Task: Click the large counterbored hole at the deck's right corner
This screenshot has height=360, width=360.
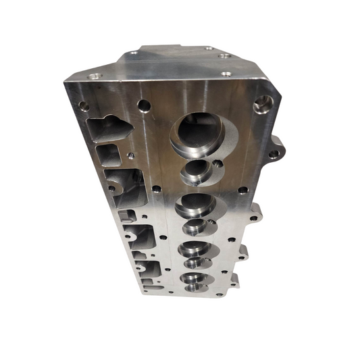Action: point(264,103)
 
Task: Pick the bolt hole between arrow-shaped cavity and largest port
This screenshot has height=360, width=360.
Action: point(143,105)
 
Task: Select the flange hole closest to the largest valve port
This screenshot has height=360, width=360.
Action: point(226,73)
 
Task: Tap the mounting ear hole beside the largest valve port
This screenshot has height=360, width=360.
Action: point(274,154)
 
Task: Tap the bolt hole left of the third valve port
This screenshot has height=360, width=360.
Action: point(156,188)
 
